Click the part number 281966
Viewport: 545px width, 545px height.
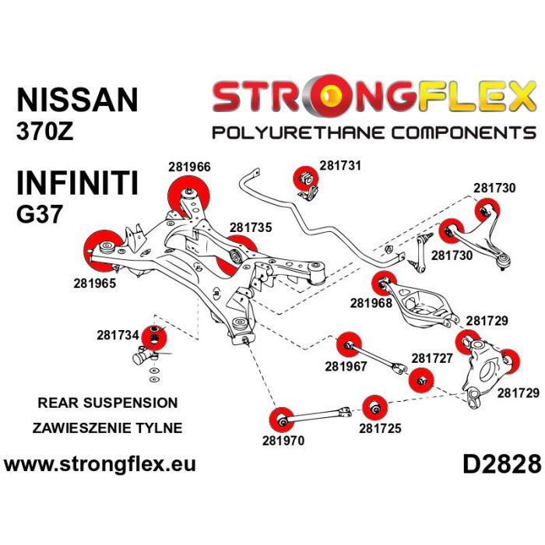pos(189,166)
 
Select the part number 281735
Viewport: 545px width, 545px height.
pos(251,227)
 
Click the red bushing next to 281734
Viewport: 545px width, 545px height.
pos(156,337)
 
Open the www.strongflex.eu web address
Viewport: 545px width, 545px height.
pos(100,465)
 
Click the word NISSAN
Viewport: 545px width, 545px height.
pos(77,100)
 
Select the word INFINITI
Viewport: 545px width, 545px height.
pos(77,184)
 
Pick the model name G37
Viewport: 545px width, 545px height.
pos(39,214)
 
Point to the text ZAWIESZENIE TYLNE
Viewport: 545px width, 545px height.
pos(107,427)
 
